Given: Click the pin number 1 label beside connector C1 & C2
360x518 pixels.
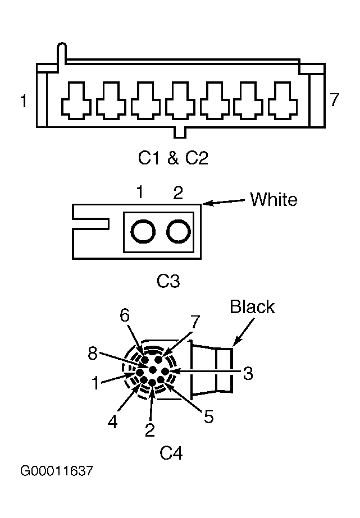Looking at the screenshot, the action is pyautogui.click(x=24, y=101).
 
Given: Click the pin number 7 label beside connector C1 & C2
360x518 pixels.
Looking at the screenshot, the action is pyautogui.click(x=335, y=99).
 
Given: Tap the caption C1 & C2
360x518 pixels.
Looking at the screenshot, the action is pyautogui.click(x=173, y=158).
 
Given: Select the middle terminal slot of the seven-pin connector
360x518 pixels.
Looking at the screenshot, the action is pyautogui.click(x=180, y=100).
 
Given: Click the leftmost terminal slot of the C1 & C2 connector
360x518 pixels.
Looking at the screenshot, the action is pyautogui.click(x=76, y=100).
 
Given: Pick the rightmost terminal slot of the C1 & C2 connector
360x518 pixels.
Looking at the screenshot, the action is pyautogui.click(x=283, y=100).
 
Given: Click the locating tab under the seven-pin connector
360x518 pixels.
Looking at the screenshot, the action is pyautogui.click(x=180, y=132).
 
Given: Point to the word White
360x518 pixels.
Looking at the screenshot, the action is pyautogui.click(x=274, y=199).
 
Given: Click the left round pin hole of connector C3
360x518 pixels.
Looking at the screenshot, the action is pyautogui.click(x=143, y=231).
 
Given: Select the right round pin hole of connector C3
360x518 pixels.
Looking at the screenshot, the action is pyautogui.click(x=179, y=231).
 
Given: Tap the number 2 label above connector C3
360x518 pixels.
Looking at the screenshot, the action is pyautogui.click(x=178, y=192).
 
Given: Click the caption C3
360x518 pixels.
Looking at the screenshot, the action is pyautogui.click(x=168, y=281).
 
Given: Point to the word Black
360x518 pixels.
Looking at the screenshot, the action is pyautogui.click(x=252, y=306).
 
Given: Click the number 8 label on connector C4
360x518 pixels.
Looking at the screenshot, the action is pyautogui.click(x=93, y=353).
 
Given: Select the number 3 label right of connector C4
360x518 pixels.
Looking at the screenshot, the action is pyautogui.click(x=248, y=373).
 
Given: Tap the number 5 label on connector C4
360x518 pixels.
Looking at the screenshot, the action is pyautogui.click(x=208, y=417).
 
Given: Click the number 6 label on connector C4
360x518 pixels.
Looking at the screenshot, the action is pyautogui.click(x=125, y=315).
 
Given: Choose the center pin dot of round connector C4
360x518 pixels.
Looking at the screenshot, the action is pyautogui.click(x=153, y=369).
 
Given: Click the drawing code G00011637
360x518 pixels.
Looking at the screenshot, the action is pyautogui.click(x=57, y=471).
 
